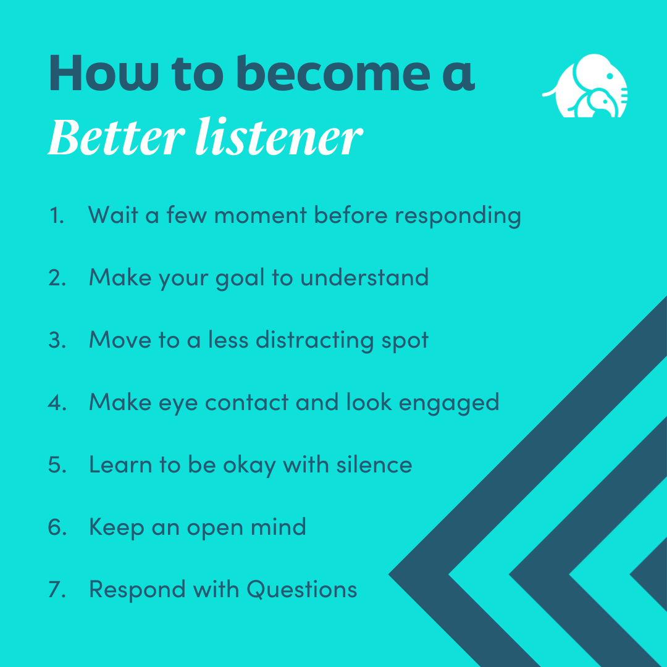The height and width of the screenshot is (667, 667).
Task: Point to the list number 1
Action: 56,216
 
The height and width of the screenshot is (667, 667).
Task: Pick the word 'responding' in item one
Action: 458,217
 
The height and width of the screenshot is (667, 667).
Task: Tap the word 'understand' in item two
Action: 364,277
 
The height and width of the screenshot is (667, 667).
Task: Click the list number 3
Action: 57,340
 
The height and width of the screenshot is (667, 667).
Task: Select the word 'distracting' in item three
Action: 313,341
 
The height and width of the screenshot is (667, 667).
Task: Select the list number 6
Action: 57,527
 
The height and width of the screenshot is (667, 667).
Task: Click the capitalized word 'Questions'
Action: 302,589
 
